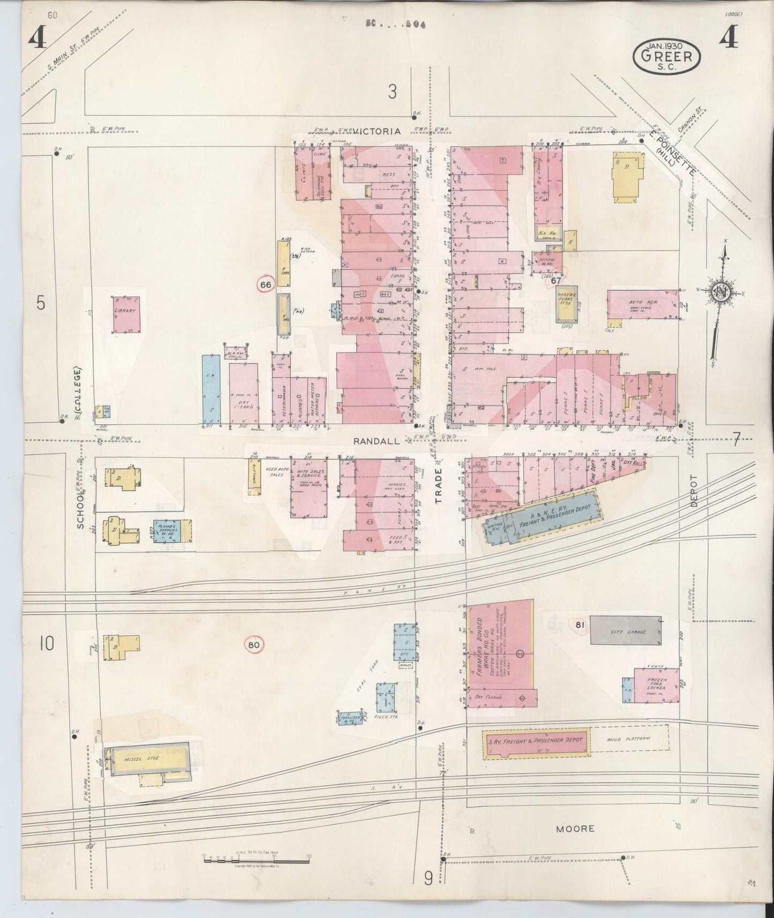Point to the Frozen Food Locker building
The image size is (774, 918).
tap(656, 685)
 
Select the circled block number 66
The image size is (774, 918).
tap(265, 285)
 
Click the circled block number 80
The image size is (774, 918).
tap(253, 645)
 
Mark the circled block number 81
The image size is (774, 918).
tap(578, 624)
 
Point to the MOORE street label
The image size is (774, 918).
tap(575, 829)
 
